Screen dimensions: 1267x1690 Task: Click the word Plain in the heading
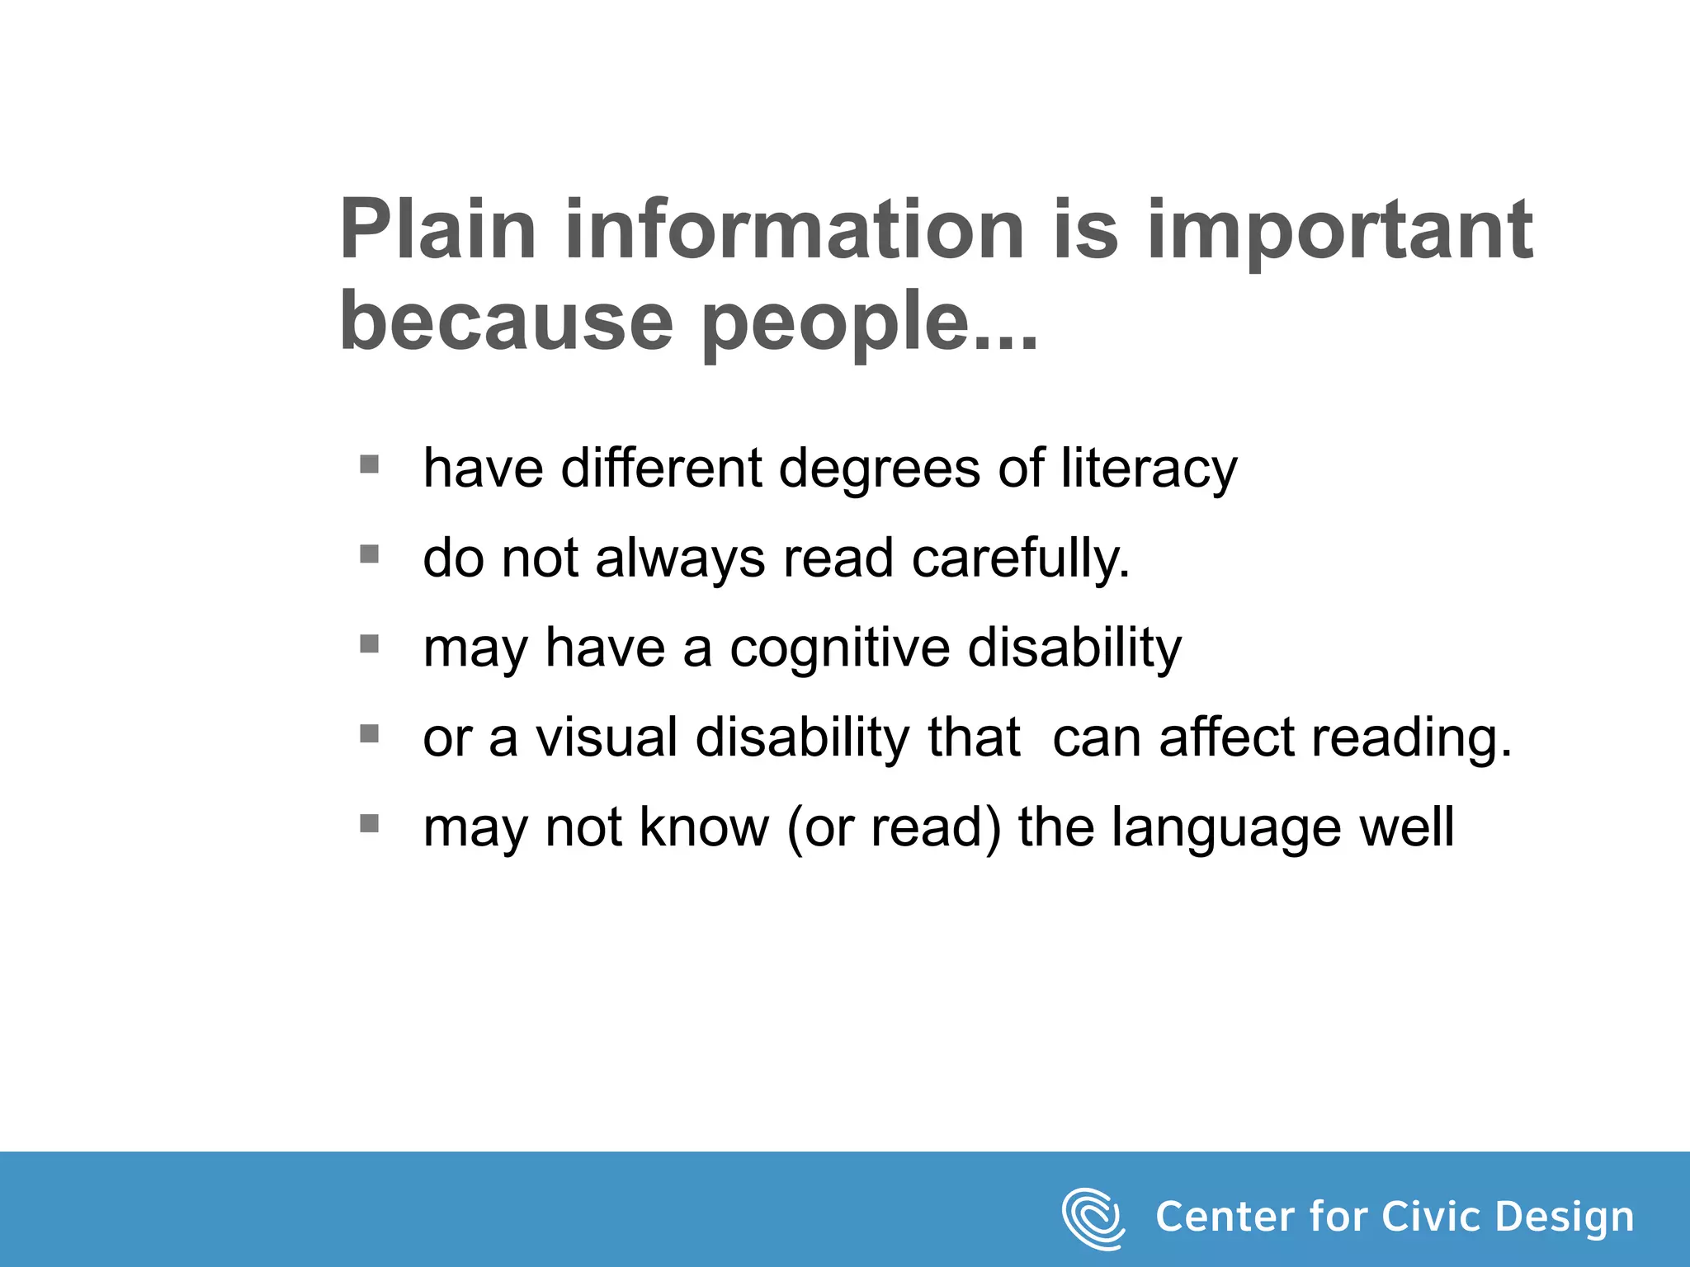(x=437, y=231)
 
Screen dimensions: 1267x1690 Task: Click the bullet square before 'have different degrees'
(x=370, y=464)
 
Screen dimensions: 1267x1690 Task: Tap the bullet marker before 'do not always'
(x=370, y=554)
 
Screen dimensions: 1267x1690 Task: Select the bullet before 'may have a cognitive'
(x=370, y=644)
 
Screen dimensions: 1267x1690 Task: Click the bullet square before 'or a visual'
(x=370, y=733)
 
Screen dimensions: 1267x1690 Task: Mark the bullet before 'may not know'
(x=370, y=823)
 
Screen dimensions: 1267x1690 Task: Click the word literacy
(x=1149, y=470)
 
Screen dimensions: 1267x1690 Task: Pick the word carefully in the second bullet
(x=1020, y=560)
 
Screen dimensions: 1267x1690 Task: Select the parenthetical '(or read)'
(x=894, y=828)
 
